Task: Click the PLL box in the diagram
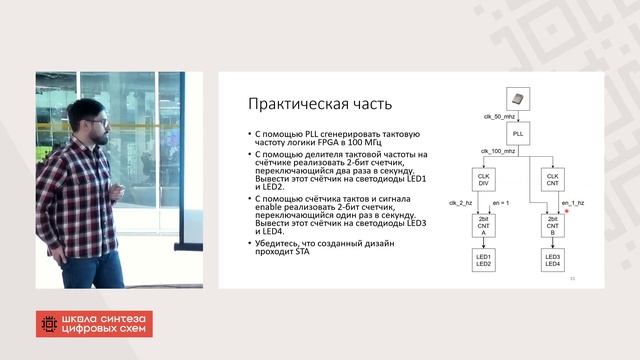point(518,133)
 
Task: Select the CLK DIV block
point(484,181)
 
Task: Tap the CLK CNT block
point(552,181)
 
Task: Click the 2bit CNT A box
point(484,224)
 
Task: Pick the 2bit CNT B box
point(552,224)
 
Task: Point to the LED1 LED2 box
point(484,262)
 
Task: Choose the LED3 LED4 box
point(552,262)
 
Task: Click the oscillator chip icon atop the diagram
point(518,97)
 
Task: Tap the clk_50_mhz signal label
point(499,116)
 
